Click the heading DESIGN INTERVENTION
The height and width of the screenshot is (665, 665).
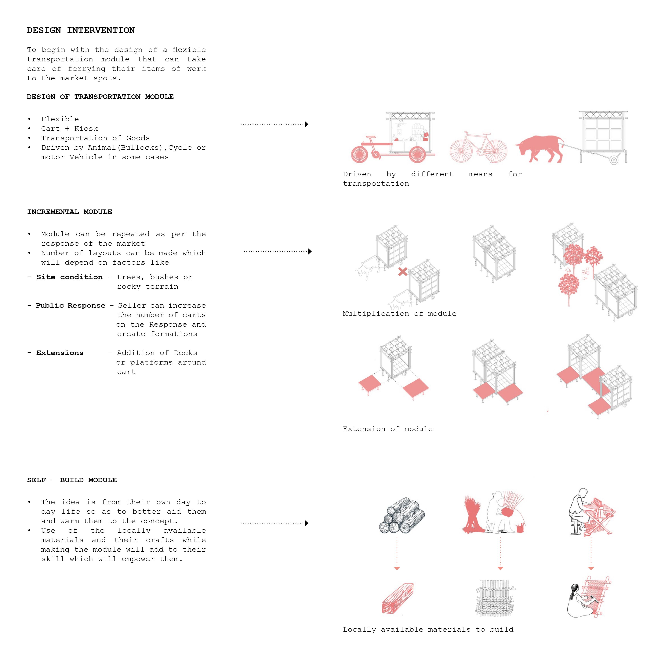[81, 30]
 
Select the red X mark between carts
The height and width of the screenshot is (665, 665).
[403, 272]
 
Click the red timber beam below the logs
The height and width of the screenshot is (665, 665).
[398, 599]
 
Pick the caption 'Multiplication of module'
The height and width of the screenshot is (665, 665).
[399, 314]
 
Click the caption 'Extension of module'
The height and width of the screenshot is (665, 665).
[388, 429]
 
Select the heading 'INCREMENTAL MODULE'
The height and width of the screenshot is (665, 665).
[70, 212]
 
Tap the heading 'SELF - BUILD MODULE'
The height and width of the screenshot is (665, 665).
[72, 480]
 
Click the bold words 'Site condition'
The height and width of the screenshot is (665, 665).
[70, 277]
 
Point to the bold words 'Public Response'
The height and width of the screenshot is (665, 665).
[71, 306]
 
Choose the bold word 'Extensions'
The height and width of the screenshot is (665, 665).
[60, 353]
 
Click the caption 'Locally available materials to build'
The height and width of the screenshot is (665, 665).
[428, 630]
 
